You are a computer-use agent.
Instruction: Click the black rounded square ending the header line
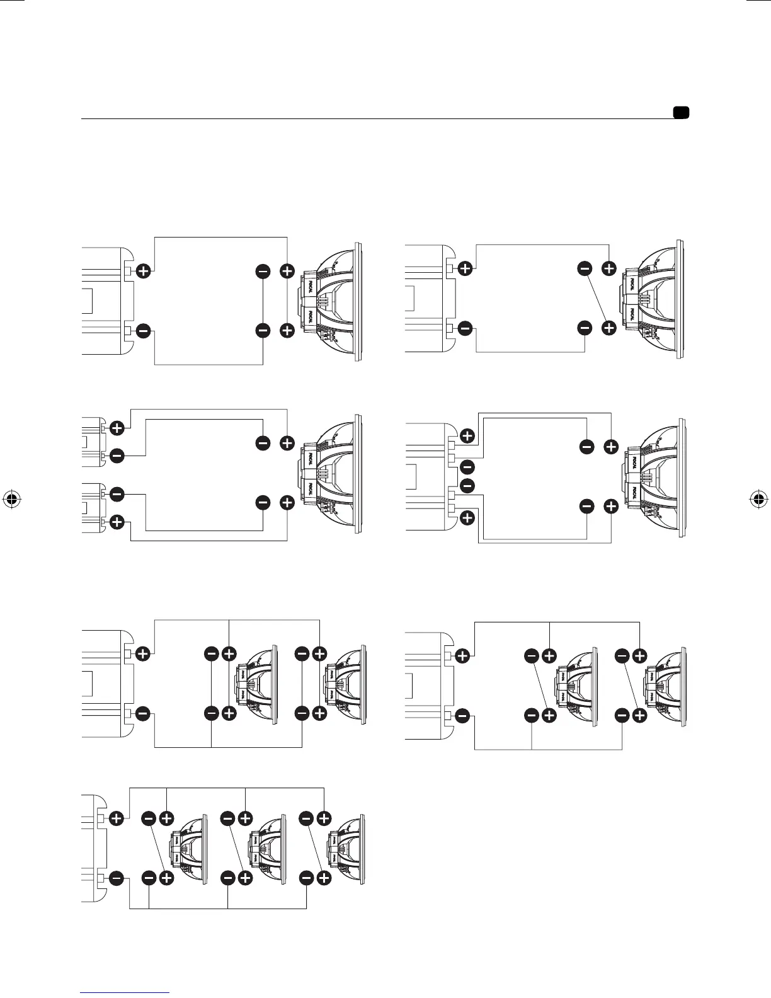[x=680, y=113]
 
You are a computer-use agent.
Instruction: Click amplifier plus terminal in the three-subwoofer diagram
[x=117, y=818]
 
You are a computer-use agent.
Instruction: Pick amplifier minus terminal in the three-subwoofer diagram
[x=117, y=878]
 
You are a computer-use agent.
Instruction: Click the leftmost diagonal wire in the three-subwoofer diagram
[x=157, y=848]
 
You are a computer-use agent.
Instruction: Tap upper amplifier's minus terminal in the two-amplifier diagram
[x=117, y=455]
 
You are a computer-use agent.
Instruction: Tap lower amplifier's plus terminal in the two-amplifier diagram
[x=117, y=522]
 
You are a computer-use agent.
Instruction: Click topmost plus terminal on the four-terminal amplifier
[x=467, y=435]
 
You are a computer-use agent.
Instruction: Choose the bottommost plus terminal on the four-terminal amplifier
[x=467, y=518]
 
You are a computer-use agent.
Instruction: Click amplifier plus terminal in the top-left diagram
[x=144, y=272]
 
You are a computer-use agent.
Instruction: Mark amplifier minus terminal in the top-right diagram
[x=465, y=328]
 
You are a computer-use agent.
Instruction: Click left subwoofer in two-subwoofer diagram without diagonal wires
[x=256, y=684]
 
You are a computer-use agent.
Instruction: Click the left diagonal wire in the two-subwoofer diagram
[x=540, y=685]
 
